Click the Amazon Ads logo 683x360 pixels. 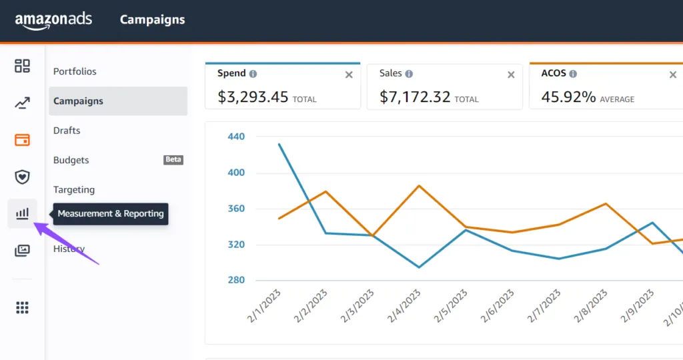click(x=53, y=20)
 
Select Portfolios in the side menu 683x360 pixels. click(x=75, y=71)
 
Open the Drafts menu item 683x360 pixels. click(x=67, y=131)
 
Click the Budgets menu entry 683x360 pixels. click(x=71, y=160)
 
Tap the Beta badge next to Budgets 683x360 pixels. click(x=173, y=160)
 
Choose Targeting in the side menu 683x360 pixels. click(x=74, y=190)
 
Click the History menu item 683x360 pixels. click(x=69, y=249)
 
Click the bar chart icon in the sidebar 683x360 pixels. click(x=23, y=213)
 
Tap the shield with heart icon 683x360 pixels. click(x=23, y=177)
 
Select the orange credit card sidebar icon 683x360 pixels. click(x=23, y=140)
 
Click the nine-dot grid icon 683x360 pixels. click(x=23, y=307)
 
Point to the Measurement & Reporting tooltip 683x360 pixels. click(x=111, y=214)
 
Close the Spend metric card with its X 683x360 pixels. click(x=349, y=75)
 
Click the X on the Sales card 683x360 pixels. click(x=511, y=75)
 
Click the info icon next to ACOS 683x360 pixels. click(x=574, y=74)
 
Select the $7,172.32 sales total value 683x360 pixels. click(x=415, y=97)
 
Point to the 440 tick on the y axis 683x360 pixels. click(x=236, y=137)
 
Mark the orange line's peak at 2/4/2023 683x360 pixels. click(x=418, y=185)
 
